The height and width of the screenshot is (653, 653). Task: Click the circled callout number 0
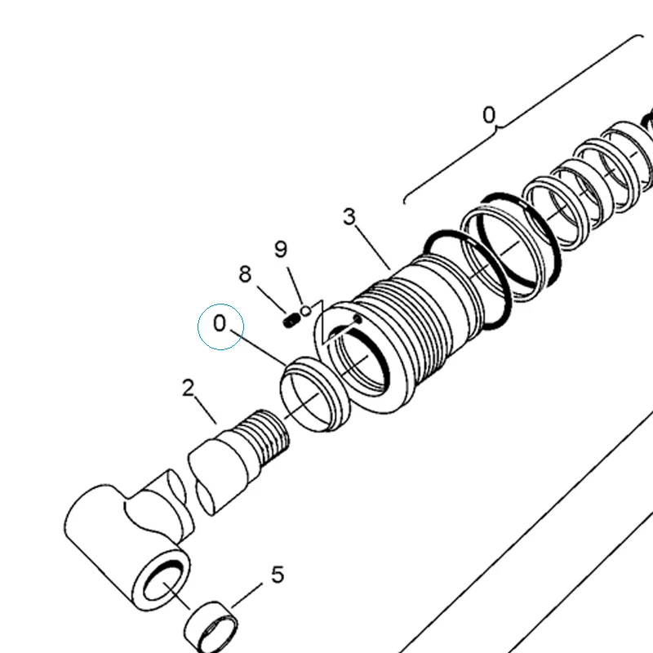220,323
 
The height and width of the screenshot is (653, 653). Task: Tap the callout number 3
350,216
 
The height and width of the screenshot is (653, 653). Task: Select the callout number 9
281,249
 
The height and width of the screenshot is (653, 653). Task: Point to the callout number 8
245,274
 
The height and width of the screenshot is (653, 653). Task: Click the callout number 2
189,388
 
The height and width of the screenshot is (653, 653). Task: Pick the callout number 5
278,575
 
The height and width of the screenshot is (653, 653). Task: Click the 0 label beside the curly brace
489,115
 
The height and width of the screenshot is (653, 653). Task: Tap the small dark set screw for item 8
291,321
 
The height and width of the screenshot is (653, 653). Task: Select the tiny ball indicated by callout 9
306,311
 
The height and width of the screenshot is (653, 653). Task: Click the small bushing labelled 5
211,628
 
